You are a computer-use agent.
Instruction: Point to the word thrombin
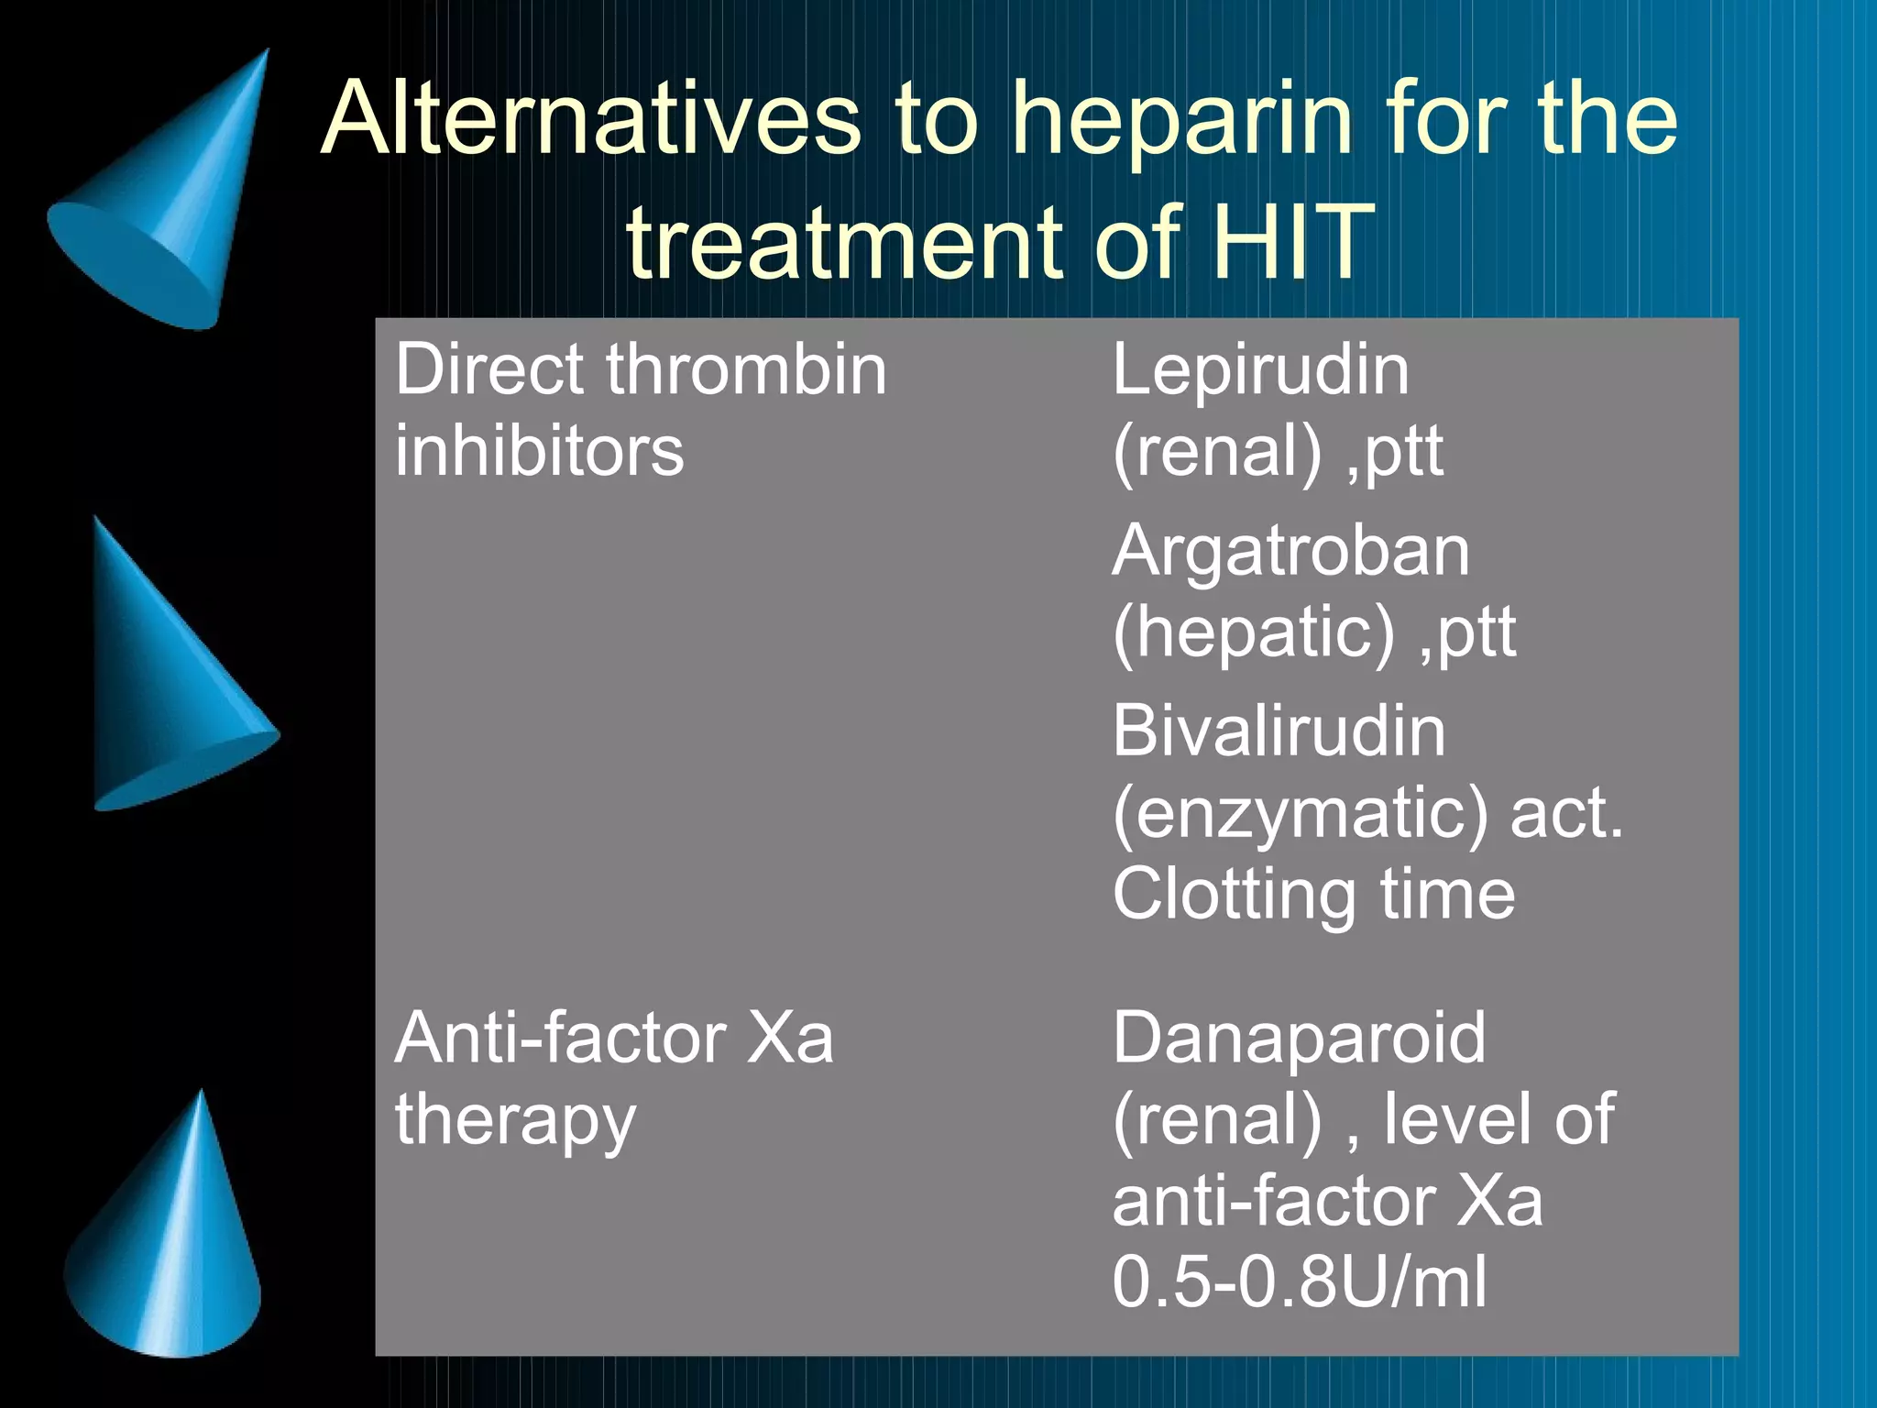pyautogui.click(x=746, y=369)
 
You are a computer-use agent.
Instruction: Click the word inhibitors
pyautogui.click(x=539, y=450)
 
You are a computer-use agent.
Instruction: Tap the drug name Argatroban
pyautogui.click(x=1290, y=551)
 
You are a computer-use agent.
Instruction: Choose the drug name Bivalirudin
pyautogui.click(x=1279, y=731)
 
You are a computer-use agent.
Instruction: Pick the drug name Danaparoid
pyautogui.click(x=1299, y=1038)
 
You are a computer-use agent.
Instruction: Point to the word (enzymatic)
pyautogui.click(x=1301, y=814)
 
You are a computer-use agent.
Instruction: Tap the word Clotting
pyautogui.click(x=1234, y=895)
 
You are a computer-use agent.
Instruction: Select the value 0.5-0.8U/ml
pyautogui.click(x=1299, y=1281)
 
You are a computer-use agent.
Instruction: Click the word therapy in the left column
pyautogui.click(x=515, y=1120)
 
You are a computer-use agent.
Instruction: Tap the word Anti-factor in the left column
pyautogui.click(x=561, y=1038)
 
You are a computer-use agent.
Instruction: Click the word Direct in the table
pyautogui.click(x=489, y=369)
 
